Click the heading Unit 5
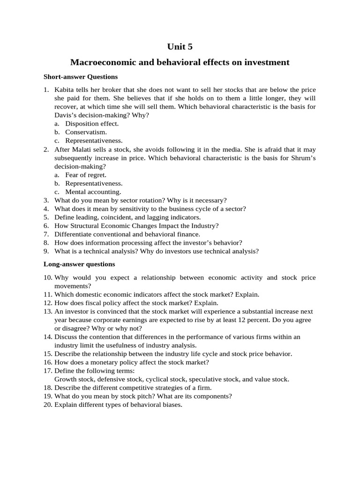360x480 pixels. [180, 46]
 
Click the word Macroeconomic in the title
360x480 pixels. [98, 62]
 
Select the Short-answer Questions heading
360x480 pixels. [81, 76]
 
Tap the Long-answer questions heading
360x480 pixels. [79, 264]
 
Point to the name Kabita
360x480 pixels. [65, 90]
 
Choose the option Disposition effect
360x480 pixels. [92, 123]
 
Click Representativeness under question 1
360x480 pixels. [94, 140]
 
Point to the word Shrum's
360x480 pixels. [304, 158]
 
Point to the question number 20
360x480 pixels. [48, 404]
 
